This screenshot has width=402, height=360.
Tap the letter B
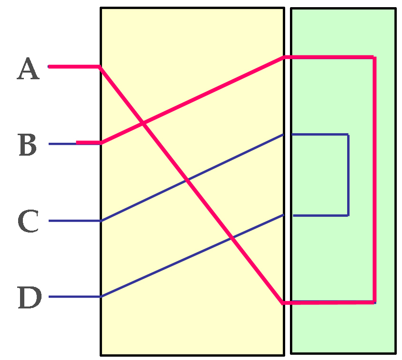pos(28,145)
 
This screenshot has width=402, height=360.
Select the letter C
pos(28,222)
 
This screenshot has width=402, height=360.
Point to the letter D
pos(29,297)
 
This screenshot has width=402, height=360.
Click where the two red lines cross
pos(144,125)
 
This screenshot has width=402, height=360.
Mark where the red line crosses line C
pos(186,181)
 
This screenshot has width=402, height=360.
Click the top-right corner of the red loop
pos(374,57)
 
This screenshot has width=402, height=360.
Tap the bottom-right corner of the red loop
pos(374,302)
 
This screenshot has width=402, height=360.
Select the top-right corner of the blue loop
pos(348,135)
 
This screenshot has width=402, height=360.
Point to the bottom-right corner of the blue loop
pos(348,215)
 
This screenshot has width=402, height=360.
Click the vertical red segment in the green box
pos(374,181)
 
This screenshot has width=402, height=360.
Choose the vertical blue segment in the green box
pos(348,175)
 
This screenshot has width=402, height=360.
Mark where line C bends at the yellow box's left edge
pos(101,221)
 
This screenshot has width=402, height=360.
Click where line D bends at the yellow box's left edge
pos(101,296)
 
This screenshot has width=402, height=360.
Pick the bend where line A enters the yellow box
pos(99,67)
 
